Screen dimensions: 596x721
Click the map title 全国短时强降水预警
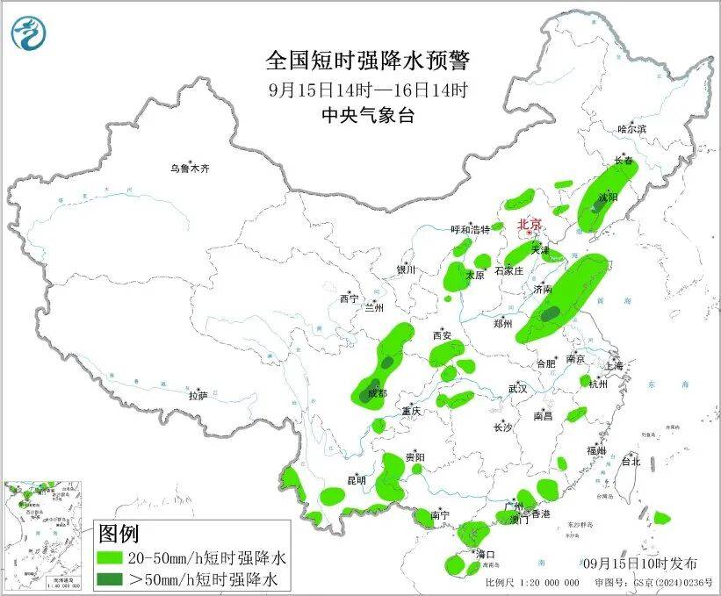(x=368, y=61)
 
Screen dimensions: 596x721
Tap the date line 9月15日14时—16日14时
(x=368, y=90)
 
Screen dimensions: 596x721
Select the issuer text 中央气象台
(x=368, y=116)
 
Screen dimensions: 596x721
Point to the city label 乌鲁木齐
(x=191, y=169)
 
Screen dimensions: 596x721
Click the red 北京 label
(x=530, y=224)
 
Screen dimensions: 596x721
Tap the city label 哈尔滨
(x=631, y=129)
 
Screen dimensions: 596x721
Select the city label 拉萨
(x=198, y=396)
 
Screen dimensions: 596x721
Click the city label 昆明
(x=356, y=479)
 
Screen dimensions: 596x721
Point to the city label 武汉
(x=517, y=388)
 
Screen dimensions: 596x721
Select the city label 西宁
(x=349, y=299)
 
